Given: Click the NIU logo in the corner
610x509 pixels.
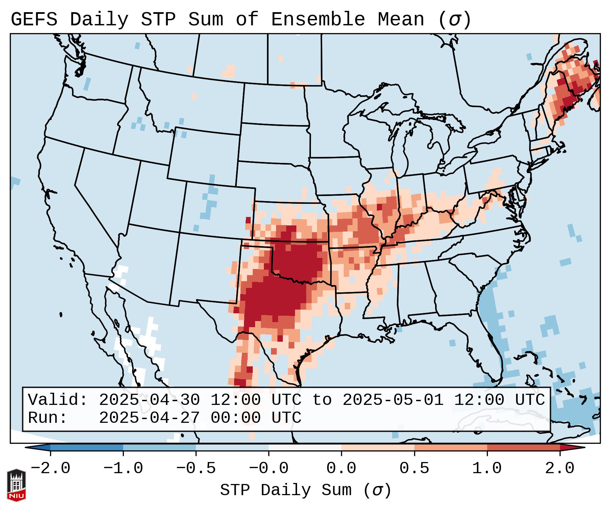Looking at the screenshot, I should [16, 485].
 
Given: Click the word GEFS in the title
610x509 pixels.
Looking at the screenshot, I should [34, 20].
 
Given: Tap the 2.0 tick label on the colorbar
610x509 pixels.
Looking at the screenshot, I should [560, 468].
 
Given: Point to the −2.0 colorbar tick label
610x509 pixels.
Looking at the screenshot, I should [50, 468].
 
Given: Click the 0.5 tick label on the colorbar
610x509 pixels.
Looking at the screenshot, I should [414, 468].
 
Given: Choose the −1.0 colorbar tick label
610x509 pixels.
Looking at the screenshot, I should [123, 468].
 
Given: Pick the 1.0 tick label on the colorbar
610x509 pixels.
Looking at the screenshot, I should [487, 468].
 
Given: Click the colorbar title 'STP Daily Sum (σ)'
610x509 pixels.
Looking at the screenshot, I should [306, 490].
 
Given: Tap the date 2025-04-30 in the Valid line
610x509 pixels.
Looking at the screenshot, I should [150, 400].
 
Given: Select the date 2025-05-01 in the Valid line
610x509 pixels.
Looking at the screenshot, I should [393, 400].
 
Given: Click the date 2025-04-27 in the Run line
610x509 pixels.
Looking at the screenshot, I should [150, 418].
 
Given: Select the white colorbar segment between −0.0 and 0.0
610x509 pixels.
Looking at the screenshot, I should [305, 447].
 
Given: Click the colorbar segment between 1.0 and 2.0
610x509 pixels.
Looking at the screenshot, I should [523, 447].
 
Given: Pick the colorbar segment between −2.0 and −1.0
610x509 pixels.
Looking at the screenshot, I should [87, 447].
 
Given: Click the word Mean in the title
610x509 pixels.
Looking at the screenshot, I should [401, 20].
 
